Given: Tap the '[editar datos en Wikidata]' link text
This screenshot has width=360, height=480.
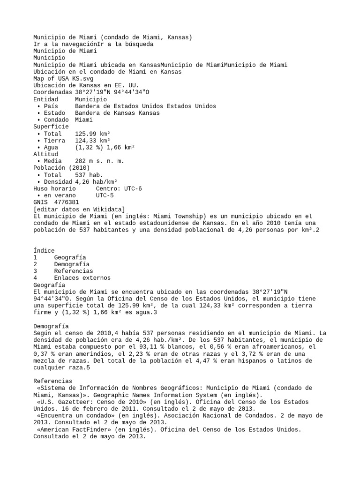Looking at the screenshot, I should (79, 209).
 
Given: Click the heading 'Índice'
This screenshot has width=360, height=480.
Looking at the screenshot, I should (44, 251).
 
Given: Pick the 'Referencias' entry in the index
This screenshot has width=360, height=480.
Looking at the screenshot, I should (73, 271).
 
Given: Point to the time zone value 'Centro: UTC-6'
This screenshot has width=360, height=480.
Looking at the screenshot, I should (119, 188).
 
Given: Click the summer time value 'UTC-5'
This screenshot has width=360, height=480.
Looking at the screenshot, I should (105, 195).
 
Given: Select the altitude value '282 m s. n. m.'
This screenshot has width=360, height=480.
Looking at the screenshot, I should (99, 161).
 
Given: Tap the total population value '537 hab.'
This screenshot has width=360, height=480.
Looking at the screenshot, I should (89, 175).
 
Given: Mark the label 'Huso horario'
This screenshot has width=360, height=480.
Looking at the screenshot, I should (54, 188).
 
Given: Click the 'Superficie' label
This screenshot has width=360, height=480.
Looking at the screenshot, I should (51, 127).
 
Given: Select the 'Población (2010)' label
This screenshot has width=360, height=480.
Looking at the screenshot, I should (61, 168).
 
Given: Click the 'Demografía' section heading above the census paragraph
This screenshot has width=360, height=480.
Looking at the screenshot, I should (51, 326).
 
